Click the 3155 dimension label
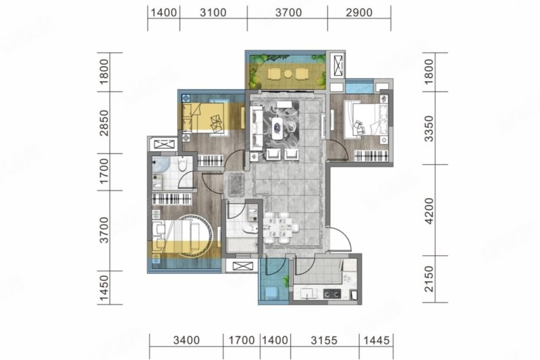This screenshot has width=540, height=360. [x=324, y=340]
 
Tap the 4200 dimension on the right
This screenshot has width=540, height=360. [x=429, y=211]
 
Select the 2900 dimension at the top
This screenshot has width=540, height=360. [x=359, y=13]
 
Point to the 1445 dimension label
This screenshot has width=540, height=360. [x=376, y=340]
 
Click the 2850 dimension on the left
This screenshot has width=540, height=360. [x=104, y=123]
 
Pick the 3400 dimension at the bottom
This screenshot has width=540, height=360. [x=186, y=340]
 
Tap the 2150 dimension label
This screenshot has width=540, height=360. [x=429, y=279]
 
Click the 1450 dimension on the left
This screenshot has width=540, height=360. [x=104, y=288]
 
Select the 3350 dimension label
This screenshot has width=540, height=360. [x=429, y=128]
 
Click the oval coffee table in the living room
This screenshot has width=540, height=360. [x=277, y=128]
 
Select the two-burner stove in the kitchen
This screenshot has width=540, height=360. [x=332, y=294]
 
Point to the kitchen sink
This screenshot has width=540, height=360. [x=309, y=294]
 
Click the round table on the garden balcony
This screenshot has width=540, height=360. [x=288, y=74]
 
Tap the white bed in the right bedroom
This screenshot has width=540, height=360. [x=367, y=119]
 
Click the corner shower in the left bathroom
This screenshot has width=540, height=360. [x=161, y=165]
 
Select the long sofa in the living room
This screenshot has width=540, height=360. [x=256, y=128]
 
